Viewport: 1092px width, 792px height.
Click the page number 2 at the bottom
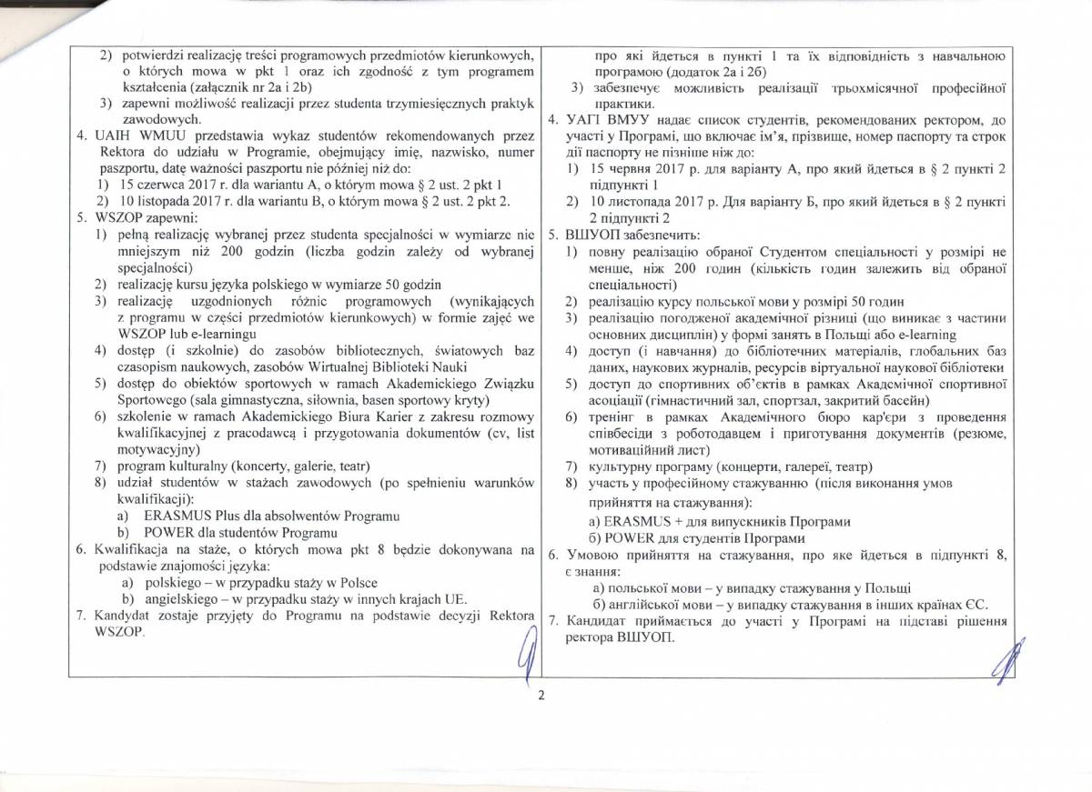point(541,697)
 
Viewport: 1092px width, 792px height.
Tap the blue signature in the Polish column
point(523,657)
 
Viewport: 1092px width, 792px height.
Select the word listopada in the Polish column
point(166,199)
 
